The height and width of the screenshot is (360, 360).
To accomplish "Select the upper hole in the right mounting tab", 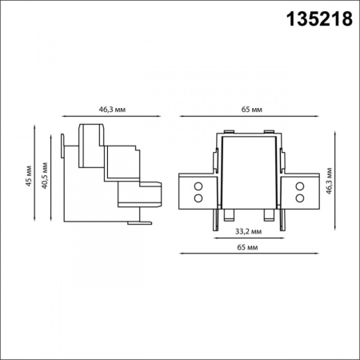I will point(300,186).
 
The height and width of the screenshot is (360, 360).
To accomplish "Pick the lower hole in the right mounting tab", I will point(300,196).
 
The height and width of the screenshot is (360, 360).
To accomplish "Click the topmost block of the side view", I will point(90,134).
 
